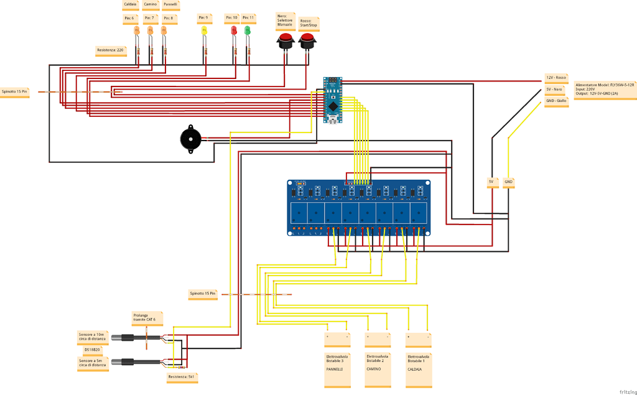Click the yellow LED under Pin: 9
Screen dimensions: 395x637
tap(204, 30)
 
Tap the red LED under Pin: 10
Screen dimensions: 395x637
tap(234, 30)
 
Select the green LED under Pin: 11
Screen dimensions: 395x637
tap(248, 30)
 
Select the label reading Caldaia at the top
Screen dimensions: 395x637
tap(131, 5)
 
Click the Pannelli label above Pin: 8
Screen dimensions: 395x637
tap(170, 5)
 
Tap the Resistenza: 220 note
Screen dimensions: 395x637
tap(111, 50)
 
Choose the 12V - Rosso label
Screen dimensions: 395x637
tap(556, 78)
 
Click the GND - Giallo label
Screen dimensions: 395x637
tap(556, 101)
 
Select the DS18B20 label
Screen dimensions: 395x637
tap(93, 350)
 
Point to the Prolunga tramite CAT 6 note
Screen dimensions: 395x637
tap(147, 317)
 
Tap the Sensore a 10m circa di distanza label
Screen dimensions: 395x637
tap(92, 337)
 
